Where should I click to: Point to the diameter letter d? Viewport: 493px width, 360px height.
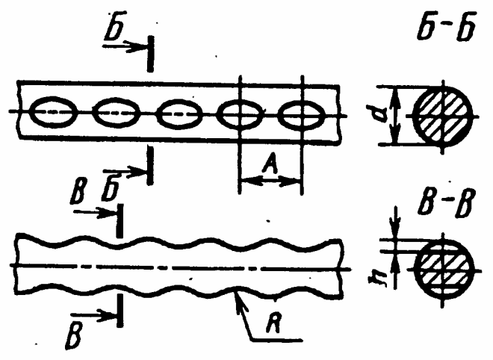pos(382,116)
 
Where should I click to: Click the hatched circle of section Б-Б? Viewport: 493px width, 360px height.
pos(443,116)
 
